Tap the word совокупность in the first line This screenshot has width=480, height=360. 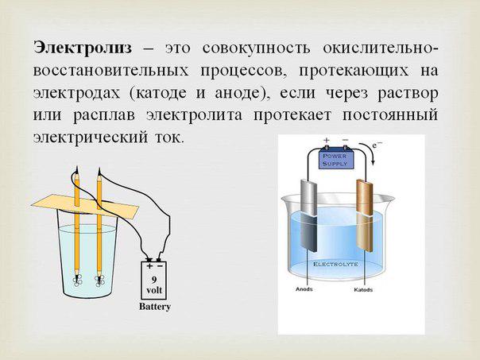pyautogui.click(x=256, y=48)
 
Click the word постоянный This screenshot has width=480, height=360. pyautogui.click(x=389, y=115)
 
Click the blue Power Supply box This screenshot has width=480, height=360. pyautogui.click(x=336, y=159)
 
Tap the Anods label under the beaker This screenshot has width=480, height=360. pyautogui.click(x=304, y=289)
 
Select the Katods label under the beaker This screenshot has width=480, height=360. pyautogui.click(x=363, y=289)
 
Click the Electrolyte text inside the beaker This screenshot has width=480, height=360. pyautogui.click(x=335, y=264)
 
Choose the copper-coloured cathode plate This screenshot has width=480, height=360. pyautogui.click(x=365, y=215)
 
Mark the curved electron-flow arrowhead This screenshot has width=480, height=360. pyautogui.click(x=373, y=161)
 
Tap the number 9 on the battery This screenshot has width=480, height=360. pyautogui.click(x=153, y=279)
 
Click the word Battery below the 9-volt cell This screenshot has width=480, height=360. pyautogui.click(x=155, y=307)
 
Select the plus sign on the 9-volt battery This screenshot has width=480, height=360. pyautogui.click(x=149, y=265)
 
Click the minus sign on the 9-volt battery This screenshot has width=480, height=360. pyautogui.click(x=160, y=265)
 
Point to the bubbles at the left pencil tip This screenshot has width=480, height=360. pyautogui.click(x=77, y=280)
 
